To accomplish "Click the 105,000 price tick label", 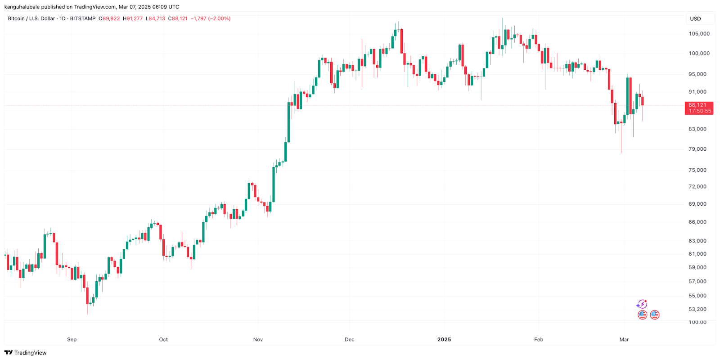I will pyautogui.click(x=699, y=34).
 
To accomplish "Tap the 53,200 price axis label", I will pyautogui.click(x=697, y=309).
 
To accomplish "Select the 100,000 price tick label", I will pyautogui.click(x=699, y=53).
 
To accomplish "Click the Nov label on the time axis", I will pyautogui.click(x=258, y=339).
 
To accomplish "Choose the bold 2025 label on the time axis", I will pyautogui.click(x=444, y=339).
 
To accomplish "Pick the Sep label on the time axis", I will pyautogui.click(x=72, y=339).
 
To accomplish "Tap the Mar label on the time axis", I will pyautogui.click(x=624, y=339).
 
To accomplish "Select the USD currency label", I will pyautogui.click(x=695, y=19).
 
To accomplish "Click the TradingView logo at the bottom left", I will pyautogui.click(x=26, y=353).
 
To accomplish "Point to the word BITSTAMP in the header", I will pyautogui.click(x=83, y=19).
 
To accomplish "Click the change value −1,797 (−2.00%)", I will pyautogui.click(x=211, y=19).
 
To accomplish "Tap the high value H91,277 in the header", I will pyautogui.click(x=133, y=19).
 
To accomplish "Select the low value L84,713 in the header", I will pyautogui.click(x=155, y=19).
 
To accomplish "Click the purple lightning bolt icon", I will pyautogui.click(x=642, y=305).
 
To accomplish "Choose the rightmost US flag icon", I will pyautogui.click(x=655, y=315).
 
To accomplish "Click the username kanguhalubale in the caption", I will pyautogui.click(x=22, y=7).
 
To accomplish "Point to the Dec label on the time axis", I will pyautogui.click(x=350, y=339).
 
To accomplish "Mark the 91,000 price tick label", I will pyautogui.click(x=697, y=92).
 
